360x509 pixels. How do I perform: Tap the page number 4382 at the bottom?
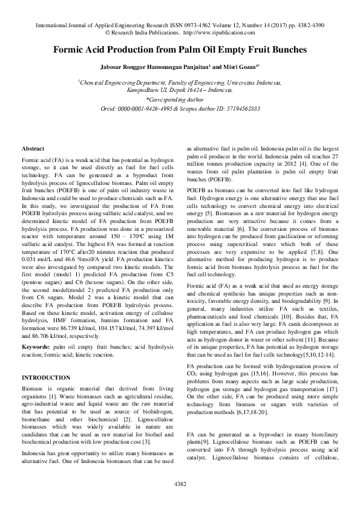point(180,484)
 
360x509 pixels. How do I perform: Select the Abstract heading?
point(33,148)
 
